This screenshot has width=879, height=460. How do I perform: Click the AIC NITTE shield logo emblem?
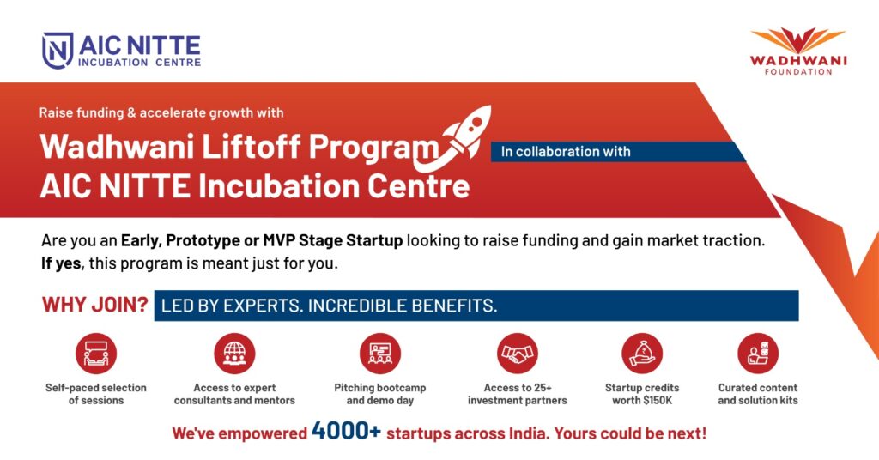coord(58,51)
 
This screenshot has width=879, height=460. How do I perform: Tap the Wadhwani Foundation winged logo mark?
coord(797,40)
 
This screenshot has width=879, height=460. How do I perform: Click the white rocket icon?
coord(455,136)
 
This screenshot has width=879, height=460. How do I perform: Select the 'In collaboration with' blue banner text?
coord(566,151)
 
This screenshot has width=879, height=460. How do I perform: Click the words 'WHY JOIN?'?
coord(94,305)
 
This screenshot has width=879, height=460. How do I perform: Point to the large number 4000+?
coord(346,431)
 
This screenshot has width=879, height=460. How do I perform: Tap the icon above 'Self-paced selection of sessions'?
coord(96,354)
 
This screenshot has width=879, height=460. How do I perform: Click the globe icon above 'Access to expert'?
coord(234,354)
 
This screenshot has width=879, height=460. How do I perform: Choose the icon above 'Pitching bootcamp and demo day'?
coord(380,354)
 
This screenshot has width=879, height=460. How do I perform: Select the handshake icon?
coord(517,354)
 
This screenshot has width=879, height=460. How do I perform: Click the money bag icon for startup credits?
coord(642,354)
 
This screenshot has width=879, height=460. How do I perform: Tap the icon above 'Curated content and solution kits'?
coord(758,354)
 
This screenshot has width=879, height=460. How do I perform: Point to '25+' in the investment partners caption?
coord(542,388)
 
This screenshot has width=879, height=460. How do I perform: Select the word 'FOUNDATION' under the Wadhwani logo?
coord(798,72)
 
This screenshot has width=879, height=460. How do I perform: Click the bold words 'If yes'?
coord(61,263)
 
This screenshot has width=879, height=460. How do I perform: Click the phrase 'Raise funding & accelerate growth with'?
coord(161,112)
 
